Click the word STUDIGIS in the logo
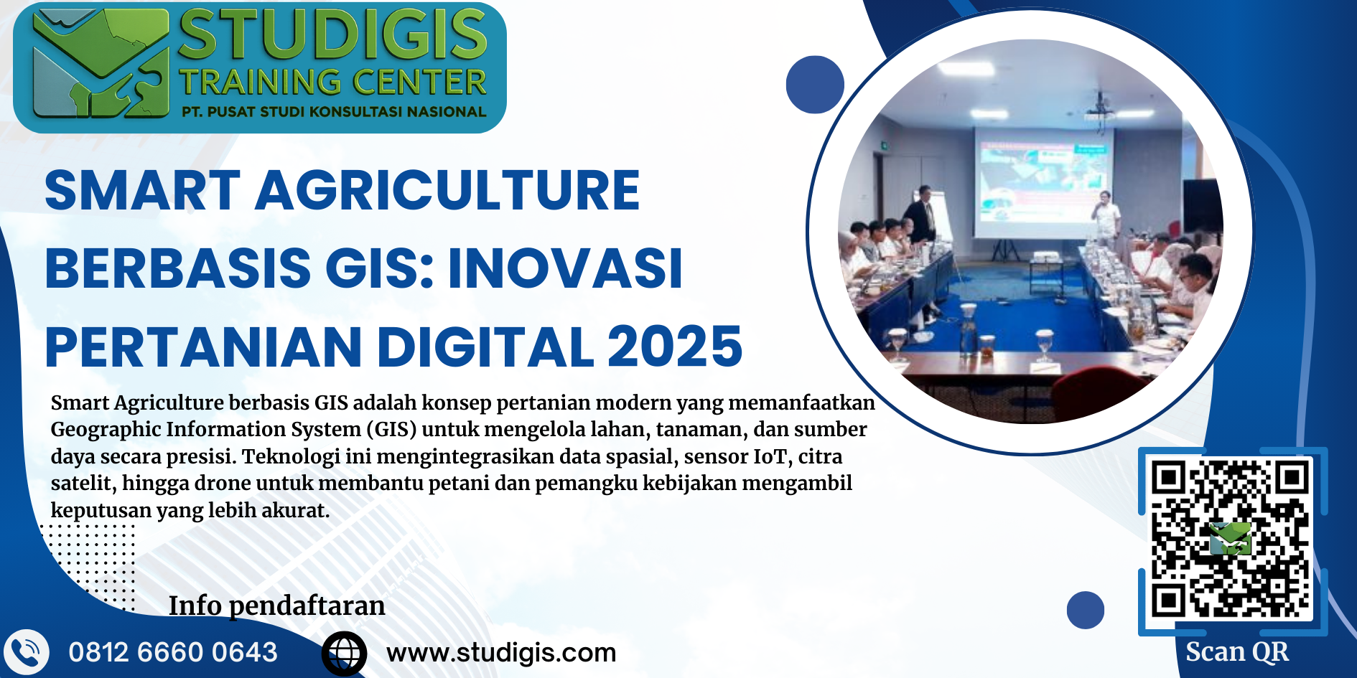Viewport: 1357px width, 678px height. coord(332,34)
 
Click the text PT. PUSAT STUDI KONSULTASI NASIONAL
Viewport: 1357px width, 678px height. coord(334,112)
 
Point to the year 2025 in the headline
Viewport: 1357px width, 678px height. coord(675,347)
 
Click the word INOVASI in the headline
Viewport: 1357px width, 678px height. coord(565,268)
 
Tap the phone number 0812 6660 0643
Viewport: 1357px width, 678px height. coord(173,652)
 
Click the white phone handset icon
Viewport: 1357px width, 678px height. coord(26,652)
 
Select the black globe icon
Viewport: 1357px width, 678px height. coord(344,654)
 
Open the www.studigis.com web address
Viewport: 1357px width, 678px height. coord(501,653)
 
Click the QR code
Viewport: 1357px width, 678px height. coord(1230,540)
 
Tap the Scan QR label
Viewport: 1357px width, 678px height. coord(1236,651)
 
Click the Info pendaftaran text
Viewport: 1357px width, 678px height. coord(276,606)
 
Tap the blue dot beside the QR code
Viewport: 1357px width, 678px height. coord(1086,610)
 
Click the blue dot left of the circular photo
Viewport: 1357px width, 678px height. coord(815,85)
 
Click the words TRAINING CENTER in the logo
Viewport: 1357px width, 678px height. coord(333,83)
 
